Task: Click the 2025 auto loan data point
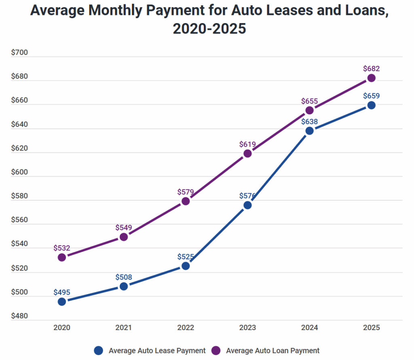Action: pyautogui.click(x=371, y=78)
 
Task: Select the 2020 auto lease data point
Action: pyautogui.click(x=62, y=301)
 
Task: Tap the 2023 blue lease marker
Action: pyautogui.click(x=247, y=205)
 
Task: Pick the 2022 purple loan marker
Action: pyautogui.click(x=186, y=201)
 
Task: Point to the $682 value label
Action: pyautogui.click(x=371, y=69)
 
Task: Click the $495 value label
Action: pyautogui.click(x=62, y=292)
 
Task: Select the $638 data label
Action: pyautogui.click(x=309, y=121)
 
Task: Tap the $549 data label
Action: pyautogui.click(x=124, y=228)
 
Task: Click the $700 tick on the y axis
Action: pyautogui.click(x=19, y=53)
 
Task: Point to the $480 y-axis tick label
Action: pyautogui.click(x=19, y=316)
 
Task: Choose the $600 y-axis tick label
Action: pyautogui.click(x=19, y=173)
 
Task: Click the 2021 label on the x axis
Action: pyautogui.click(x=124, y=328)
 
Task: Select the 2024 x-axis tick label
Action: pyautogui.click(x=309, y=328)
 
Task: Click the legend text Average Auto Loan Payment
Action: pyautogui.click(x=272, y=351)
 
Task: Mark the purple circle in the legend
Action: pyautogui.click(x=216, y=351)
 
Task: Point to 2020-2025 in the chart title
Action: pyautogui.click(x=209, y=29)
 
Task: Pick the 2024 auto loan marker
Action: pyautogui.click(x=309, y=110)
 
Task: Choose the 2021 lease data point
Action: pyautogui.click(x=124, y=286)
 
